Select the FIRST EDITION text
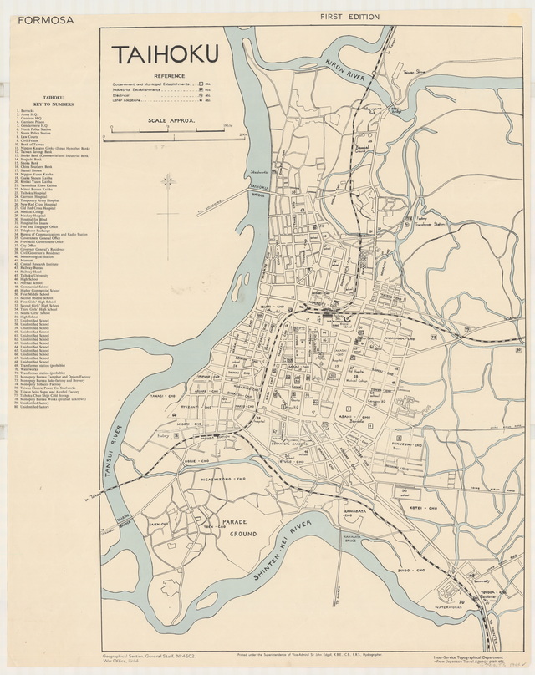tap(348, 17)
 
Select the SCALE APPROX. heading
tap(171, 121)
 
